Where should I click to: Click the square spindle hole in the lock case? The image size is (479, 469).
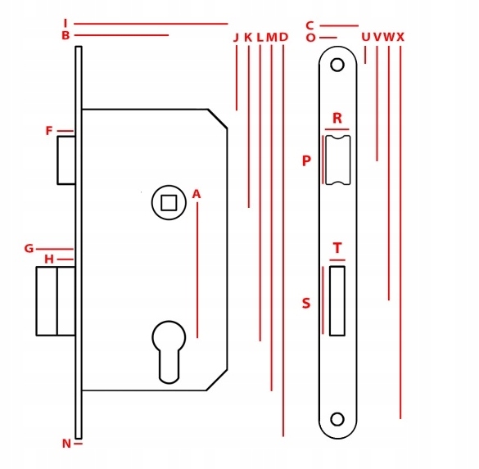[169, 203]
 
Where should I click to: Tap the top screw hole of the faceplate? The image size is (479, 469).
[337, 65]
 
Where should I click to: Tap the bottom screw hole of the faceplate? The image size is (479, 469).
[337, 419]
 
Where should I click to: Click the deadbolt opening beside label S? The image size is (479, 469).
[337, 301]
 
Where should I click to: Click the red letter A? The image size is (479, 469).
[197, 194]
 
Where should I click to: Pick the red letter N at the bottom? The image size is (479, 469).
[66, 444]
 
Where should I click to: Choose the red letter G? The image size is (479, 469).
[29, 249]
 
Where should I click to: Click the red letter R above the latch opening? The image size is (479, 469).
[337, 118]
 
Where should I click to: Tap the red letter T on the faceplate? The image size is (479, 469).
[337, 248]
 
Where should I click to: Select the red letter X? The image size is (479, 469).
[400, 38]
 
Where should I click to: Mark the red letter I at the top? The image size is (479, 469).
[65, 23]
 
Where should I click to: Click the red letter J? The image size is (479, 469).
[236, 38]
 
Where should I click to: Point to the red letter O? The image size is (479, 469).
[310, 38]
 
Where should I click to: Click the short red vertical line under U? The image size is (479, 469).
[365, 55]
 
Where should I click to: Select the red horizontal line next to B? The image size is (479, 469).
[121, 35]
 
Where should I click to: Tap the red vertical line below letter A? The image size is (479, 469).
[197, 270]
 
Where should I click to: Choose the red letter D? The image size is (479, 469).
[283, 38]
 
